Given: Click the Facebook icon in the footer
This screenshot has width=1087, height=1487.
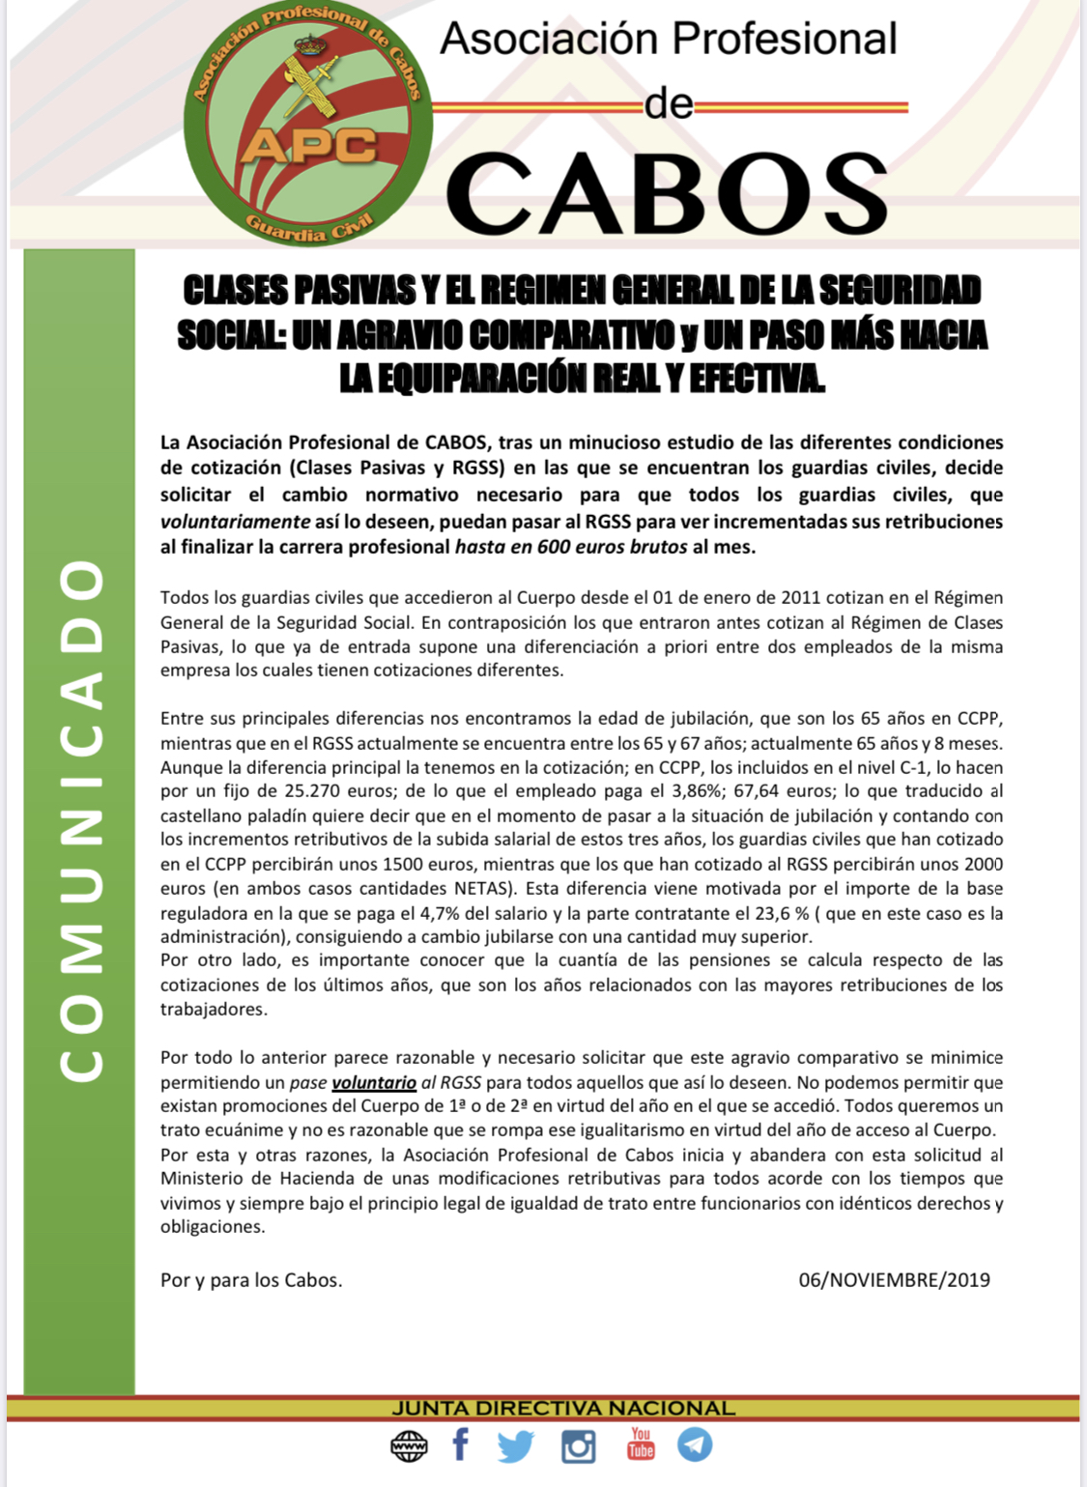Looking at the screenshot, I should click(x=461, y=1445).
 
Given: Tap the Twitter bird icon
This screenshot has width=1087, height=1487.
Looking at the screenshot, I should click(x=516, y=1446).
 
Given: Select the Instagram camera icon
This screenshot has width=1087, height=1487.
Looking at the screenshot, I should click(x=578, y=1446).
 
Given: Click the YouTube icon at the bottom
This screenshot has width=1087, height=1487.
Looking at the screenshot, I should click(x=641, y=1444).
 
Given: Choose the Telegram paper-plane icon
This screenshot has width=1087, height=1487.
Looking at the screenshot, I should click(x=695, y=1444).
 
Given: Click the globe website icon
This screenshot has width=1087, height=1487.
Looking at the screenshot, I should click(x=409, y=1446).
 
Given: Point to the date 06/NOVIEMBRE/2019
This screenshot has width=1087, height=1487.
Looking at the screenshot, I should click(x=894, y=1280).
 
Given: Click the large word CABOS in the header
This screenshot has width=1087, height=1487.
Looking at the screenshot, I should click(x=667, y=194).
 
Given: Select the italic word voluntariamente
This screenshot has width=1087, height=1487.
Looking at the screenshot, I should click(x=235, y=522).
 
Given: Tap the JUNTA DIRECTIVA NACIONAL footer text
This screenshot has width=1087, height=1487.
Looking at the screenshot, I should click(x=563, y=1408).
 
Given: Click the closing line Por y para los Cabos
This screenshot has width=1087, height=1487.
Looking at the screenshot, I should click(x=251, y=1280).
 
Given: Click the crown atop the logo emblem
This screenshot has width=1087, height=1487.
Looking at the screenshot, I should click(x=310, y=44).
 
